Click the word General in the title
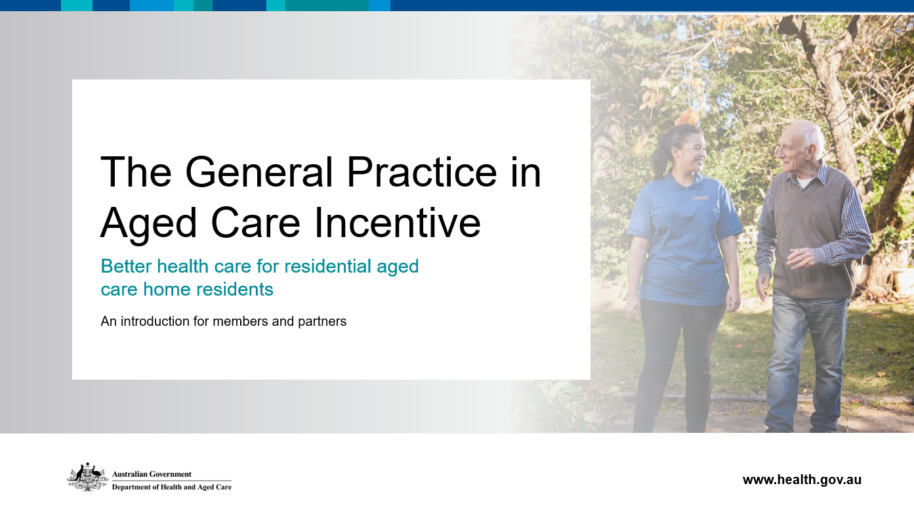pos(259,172)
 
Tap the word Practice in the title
pos(422,172)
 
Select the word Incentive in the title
pos(397,223)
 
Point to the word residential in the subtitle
pos(327,266)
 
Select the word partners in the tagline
pos(322,322)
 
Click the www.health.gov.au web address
pos(802,479)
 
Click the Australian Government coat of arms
pos(87,477)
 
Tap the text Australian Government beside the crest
pos(152,474)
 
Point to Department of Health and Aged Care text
pos(172,487)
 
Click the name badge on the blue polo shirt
pos(701,198)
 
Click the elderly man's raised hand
pos(801,258)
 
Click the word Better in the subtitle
pos(127,266)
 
